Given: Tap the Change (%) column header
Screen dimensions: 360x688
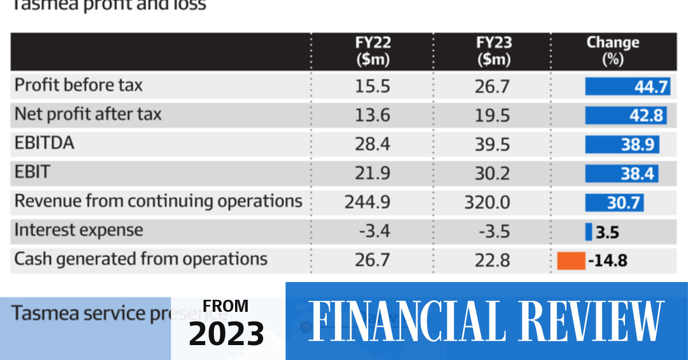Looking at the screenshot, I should [x=612, y=50].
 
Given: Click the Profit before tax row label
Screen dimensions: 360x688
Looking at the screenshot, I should [x=79, y=85].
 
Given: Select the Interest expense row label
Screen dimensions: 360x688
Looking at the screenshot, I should [x=79, y=230].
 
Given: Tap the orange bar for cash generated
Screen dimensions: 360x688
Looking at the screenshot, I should [x=570, y=261].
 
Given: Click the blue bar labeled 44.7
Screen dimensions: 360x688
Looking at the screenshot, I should [x=627, y=87].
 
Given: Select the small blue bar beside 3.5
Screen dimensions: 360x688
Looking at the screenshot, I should [x=588, y=232].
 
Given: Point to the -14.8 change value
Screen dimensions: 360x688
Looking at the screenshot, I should [x=608, y=261].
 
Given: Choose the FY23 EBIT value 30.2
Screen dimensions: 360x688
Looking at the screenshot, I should [x=493, y=174].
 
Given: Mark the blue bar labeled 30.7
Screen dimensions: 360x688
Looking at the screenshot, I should [x=614, y=203].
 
